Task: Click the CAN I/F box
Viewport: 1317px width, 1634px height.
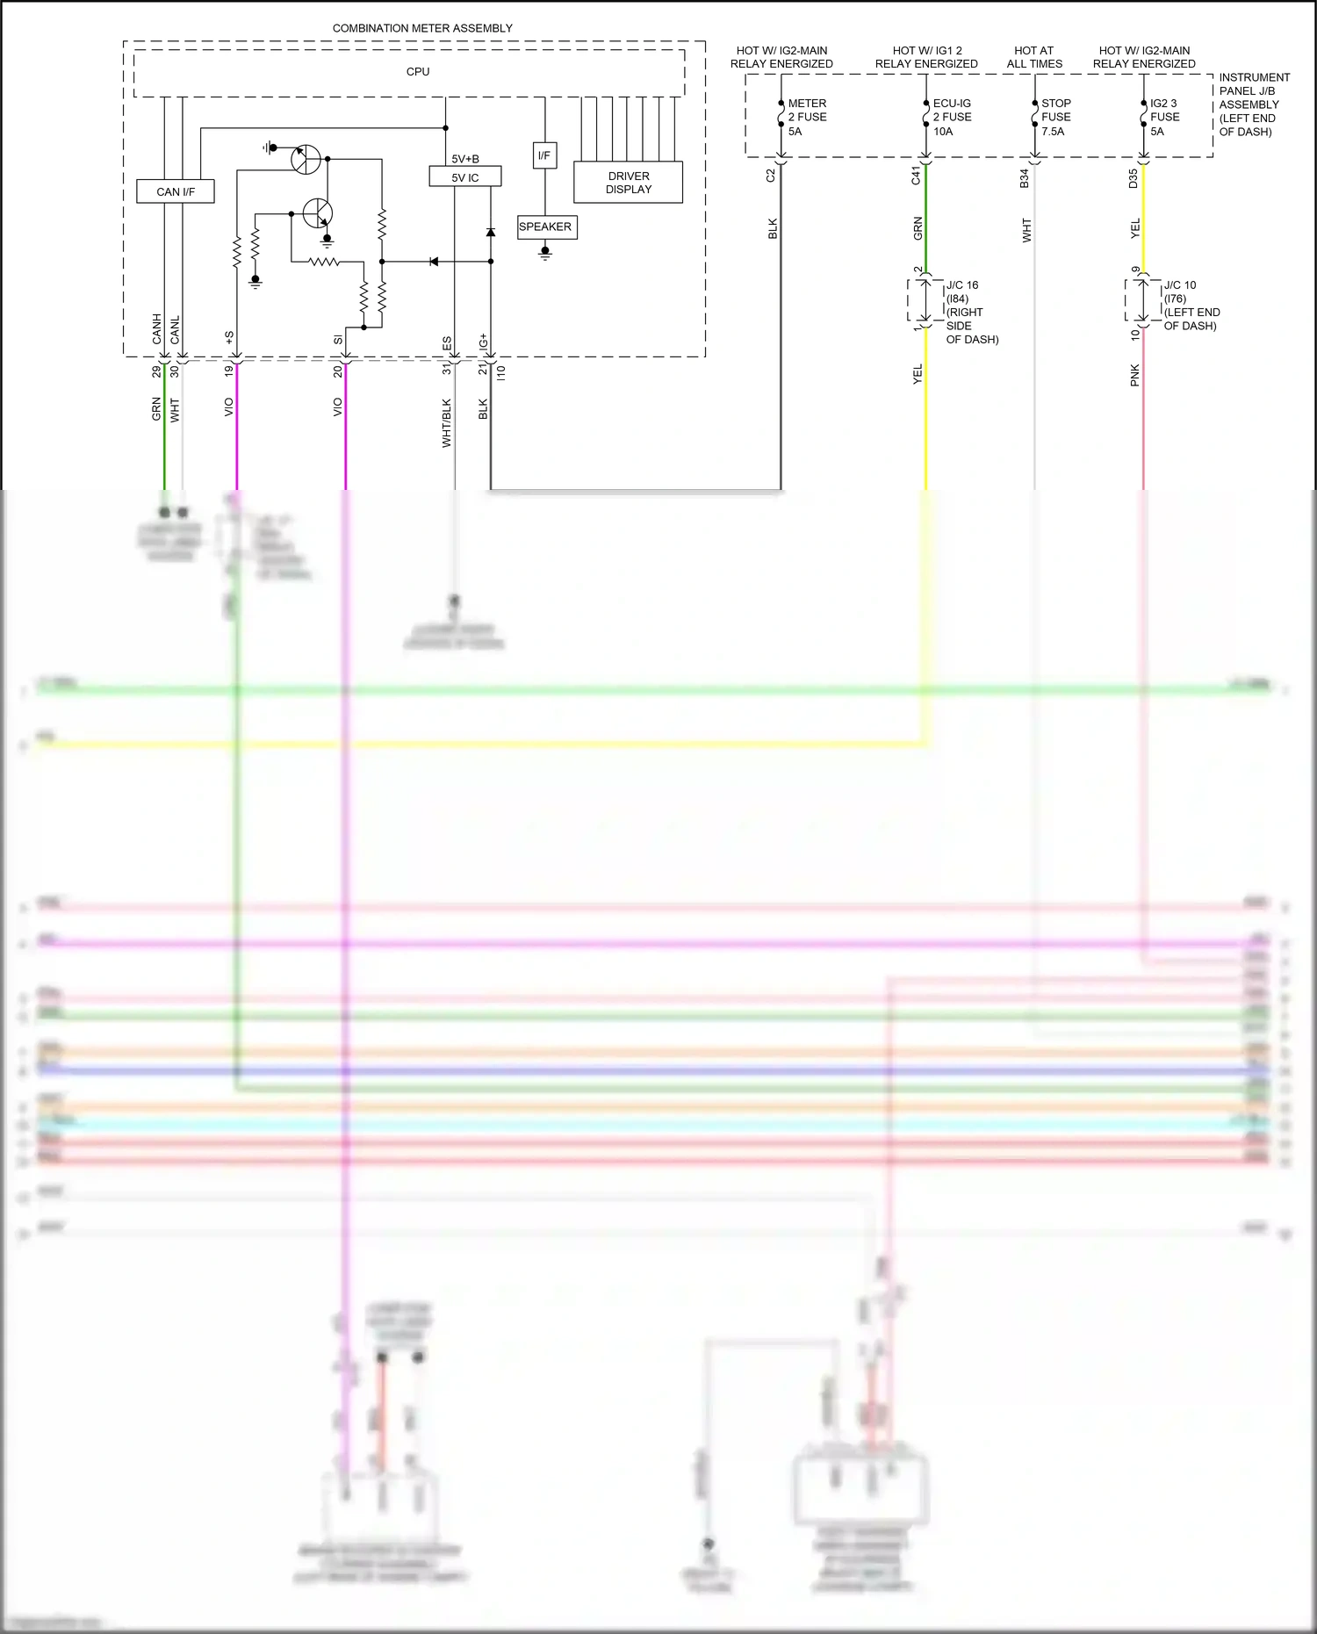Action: click(x=176, y=191)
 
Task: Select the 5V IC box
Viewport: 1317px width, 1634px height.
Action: click(x=465, y=177)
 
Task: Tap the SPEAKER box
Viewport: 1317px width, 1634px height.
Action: click(x=545, y=227)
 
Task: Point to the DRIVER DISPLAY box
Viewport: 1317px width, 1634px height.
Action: click(x=629, y=183)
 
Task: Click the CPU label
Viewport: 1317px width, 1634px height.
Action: click(x=418, y=72)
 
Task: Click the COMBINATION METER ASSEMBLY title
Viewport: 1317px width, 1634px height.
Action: click(x=422, y=28)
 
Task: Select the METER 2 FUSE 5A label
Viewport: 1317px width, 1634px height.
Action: click(x=807, y=117)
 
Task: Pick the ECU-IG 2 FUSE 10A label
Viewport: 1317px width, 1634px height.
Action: click(x=952, y=117)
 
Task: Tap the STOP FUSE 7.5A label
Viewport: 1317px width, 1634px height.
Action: click(x=1055, y=117)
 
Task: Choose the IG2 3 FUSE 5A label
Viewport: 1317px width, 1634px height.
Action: click(x=1164, y=117)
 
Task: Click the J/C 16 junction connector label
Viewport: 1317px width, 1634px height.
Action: click(x=971, y=312)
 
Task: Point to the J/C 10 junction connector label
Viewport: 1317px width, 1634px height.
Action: click(x=1191, y=305)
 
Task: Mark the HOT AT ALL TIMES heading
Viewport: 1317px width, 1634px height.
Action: click(x=1034, y=57)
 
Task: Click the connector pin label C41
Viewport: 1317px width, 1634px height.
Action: click(x=916, y=176)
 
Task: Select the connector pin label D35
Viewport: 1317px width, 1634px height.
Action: click(x=1133, y=178)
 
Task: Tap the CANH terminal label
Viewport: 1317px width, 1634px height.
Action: click(x=157, y=328)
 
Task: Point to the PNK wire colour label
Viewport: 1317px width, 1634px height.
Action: click(x=1135, y=375)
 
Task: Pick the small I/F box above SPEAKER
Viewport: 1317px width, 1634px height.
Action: click(x=544, y=155)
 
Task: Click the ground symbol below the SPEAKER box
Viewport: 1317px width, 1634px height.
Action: click(x=545, y=254)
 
